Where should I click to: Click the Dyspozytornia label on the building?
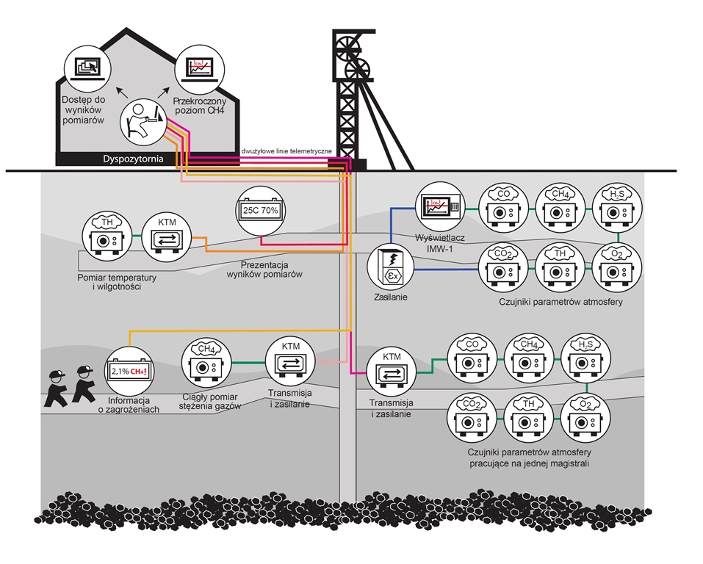pos(133,159)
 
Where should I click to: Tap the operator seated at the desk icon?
pos(143,121)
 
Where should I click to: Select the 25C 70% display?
pos(261,210)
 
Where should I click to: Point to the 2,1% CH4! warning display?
pos(129,371)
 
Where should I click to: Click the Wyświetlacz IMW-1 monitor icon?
pos(440,206)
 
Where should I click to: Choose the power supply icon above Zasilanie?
pos(391,267)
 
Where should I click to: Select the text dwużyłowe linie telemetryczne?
pos(286,151)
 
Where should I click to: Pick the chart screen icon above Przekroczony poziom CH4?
pos(200,70)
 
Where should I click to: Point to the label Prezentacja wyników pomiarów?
pos(264,270)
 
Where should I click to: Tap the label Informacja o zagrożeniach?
pos(129,405)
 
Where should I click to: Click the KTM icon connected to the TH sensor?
pos(167,236)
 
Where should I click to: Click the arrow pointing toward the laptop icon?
pos(120,92)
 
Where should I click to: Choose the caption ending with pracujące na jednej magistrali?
pos(529,458)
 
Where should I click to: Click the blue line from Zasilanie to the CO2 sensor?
pos(446,270)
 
